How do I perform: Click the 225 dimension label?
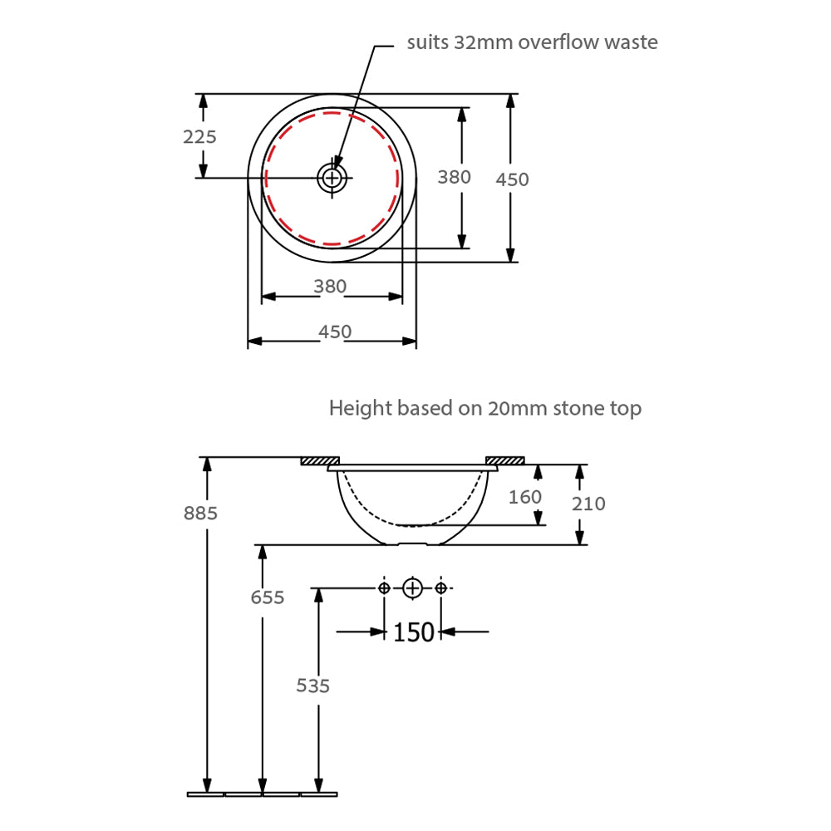tap(199, 137)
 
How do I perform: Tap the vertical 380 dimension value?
tap(455, 177)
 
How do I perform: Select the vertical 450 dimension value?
tap(512, 179)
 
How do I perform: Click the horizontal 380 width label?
tap(330, 286)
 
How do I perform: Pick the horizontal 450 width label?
tap(334, 332)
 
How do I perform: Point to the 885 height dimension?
tap(200, 513)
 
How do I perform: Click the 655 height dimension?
tap(267, 597)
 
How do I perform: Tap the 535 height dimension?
tap(312, 686)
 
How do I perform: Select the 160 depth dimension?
tap(524, 497)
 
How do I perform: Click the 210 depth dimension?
tap(588, 504)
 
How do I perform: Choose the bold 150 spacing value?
tap(413, 632)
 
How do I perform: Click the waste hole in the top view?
tap(332, 178)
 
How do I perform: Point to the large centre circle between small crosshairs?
tap(412, 588)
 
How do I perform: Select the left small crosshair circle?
tap(384, 588)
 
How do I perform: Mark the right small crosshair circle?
tap(441, 588)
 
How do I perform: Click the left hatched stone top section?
tap(320, 461)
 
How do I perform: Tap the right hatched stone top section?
tap(505, 460)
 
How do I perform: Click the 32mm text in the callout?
tap(483, 42)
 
